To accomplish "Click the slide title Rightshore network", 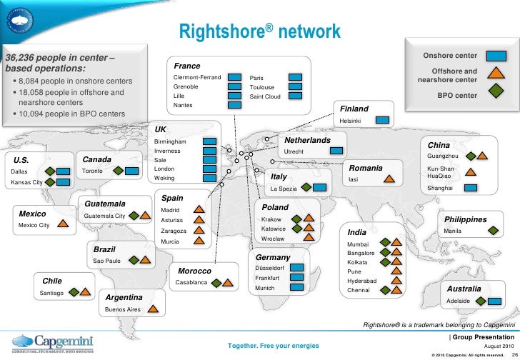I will [259, 33].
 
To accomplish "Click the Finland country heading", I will [354, 109].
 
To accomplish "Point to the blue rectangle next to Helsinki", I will [382, 120].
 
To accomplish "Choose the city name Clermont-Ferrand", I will [196, 76].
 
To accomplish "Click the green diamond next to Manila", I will [493, 231].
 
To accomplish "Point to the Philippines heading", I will [465, 219].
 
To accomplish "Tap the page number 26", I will [514, 353].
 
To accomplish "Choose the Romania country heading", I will [366, 168].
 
